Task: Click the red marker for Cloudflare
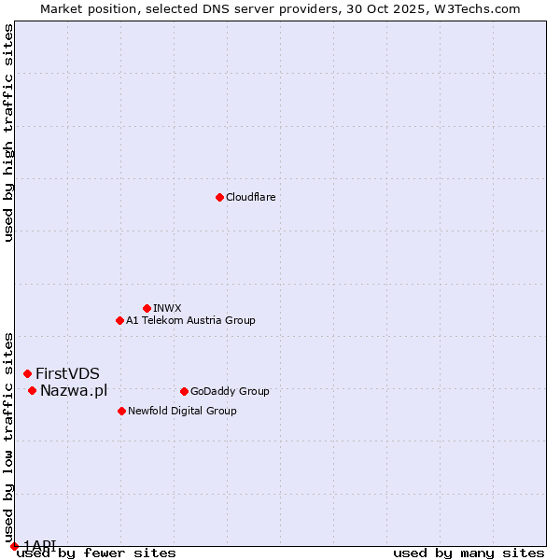click(x=219, y=197)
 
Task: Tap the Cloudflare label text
click(x=250, y=198)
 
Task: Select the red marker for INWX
click(x=147, y=308)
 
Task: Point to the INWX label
click(x=167, y=309)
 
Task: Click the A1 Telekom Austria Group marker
click(x=119, y=320)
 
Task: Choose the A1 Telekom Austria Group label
click(x=190, y=321)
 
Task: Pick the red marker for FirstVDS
click(x=27, y=373)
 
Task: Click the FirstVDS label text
click(x=67, y=374)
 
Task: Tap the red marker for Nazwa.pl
click(x=32, y=390)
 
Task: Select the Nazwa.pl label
click(x=74, y=391)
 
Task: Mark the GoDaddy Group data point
click(x=184, y=391)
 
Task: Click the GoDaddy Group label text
click(x=229, y=392)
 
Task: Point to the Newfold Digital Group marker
click(x=121, y=411)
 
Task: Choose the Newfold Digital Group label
click(x=182, y=412)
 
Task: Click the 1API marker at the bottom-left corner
click(x=14, y=546)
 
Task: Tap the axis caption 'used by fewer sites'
click(x=96, y=553)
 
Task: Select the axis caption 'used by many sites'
click(x=469, y=553)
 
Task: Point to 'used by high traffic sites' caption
click(x=8, y=133)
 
